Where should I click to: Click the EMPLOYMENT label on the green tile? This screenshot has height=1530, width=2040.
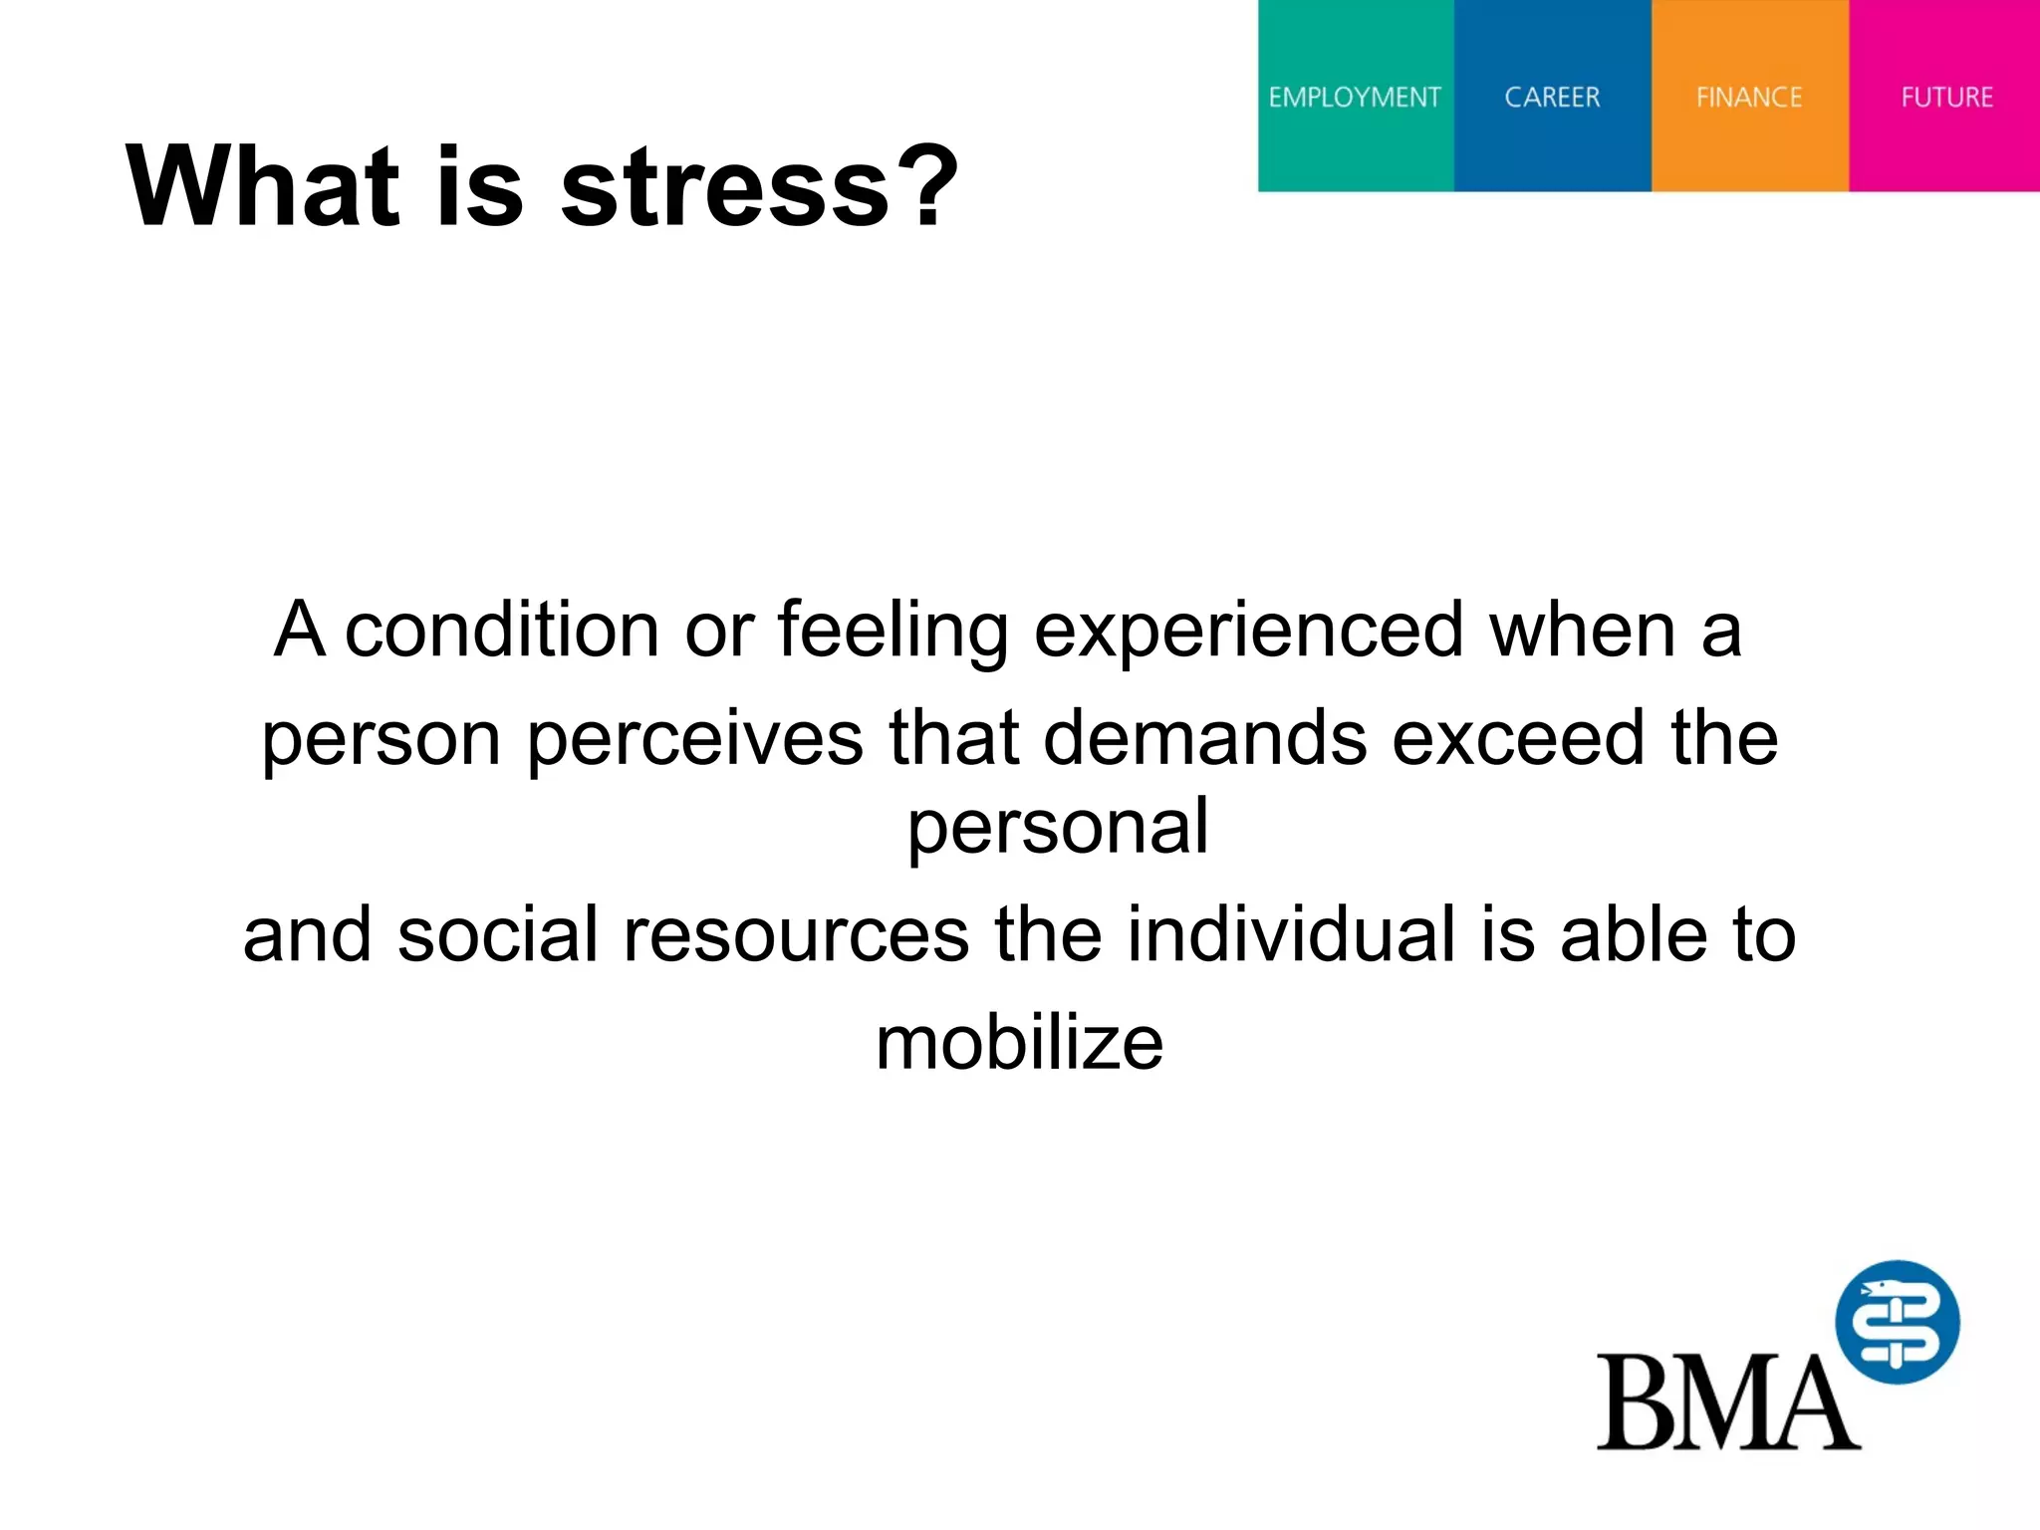[x=1354, y=98]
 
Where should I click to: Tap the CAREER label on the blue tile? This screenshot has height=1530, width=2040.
[x=1552, y=98]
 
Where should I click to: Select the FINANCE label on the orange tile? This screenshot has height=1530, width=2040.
[x=1749, y=98]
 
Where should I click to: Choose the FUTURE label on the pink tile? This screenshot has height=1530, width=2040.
[x=1946, y=98]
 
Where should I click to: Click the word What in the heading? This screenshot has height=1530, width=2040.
[x=262, y=186]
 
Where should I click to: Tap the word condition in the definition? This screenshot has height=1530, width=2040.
[x=502, y=631]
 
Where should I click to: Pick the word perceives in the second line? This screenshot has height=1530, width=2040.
[x=694, y=740]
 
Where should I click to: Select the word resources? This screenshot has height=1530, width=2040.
[x=796, y=935]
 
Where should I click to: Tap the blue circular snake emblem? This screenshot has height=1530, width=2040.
[x=1897, y=1322]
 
